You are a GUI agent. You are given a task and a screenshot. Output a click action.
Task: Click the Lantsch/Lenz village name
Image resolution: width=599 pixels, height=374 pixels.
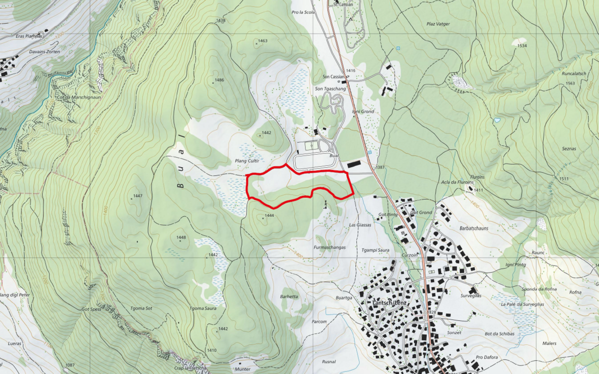point(389,304)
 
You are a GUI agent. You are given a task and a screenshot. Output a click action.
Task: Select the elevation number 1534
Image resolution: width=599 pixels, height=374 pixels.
point(522,46)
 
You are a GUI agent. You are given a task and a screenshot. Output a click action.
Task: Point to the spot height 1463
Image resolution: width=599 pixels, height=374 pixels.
point(263,41)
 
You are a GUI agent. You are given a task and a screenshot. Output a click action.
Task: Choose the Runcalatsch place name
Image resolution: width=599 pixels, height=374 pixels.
point(574,73)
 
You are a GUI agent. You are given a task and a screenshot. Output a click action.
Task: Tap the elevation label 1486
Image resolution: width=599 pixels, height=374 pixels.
point(219,80)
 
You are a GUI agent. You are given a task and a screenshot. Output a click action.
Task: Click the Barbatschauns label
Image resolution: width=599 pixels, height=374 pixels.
point(474,228)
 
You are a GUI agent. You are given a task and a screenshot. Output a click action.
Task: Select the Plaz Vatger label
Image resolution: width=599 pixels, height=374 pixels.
point(438,24)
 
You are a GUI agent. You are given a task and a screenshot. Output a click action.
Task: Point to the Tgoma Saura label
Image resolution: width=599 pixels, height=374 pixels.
point(203,308)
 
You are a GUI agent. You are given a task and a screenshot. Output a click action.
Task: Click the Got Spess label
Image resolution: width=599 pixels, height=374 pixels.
point(91,309)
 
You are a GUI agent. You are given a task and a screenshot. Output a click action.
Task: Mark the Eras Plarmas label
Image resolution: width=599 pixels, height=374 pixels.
point(27,36)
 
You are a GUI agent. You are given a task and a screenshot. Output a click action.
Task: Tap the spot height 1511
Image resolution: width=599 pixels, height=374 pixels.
point(564,179)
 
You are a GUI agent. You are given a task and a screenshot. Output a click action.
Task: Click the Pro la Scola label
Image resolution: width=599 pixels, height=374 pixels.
point(303,12)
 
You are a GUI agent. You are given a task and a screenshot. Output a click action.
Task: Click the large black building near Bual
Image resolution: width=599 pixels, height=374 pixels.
point(353,164)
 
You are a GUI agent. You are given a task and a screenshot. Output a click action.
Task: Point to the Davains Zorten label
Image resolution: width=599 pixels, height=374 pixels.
point(45,52)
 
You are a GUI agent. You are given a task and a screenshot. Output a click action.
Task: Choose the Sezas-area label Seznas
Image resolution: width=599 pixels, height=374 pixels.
point(569,149)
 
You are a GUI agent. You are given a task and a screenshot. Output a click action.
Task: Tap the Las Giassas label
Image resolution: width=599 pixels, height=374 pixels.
point(360,225)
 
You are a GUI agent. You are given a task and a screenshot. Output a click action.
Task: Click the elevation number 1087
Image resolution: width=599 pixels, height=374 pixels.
point(70,365)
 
